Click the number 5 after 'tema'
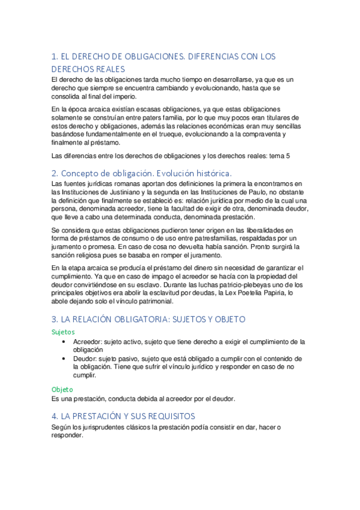tap(288, 156)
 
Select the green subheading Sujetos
tap(63, 331)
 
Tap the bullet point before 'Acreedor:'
tap(64, 342)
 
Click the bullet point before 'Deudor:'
tap(64, 358)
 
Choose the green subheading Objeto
tap(62, 389)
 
